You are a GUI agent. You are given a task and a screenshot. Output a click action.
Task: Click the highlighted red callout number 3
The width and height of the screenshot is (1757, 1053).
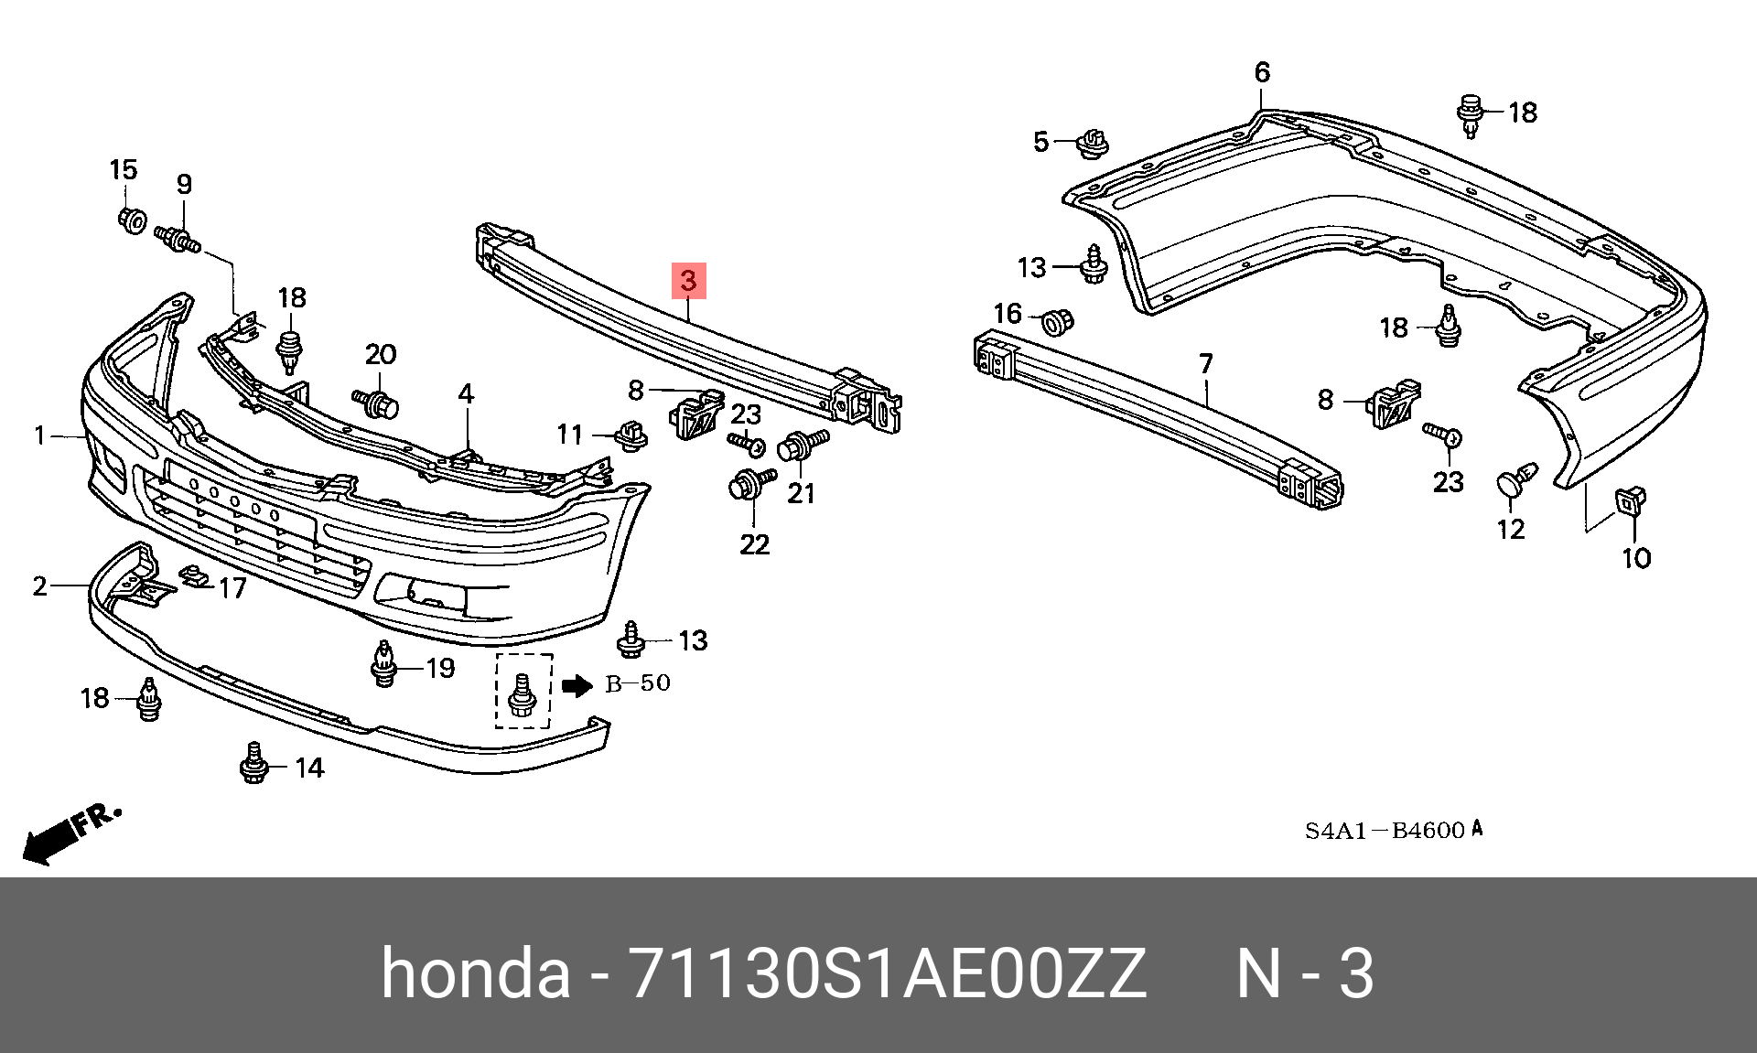point(688,281)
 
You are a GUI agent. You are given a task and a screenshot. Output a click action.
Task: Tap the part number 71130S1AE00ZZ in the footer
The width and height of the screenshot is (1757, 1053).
point(886,973)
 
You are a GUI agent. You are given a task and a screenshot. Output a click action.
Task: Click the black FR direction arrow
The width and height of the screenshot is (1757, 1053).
point(50,840)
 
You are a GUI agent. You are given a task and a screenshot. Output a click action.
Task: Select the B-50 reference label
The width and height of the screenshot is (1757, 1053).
point(638,683)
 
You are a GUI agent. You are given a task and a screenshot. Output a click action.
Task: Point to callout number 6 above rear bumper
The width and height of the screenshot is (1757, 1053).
point(1262,72)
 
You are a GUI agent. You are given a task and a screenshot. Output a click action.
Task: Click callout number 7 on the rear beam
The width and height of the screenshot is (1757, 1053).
point(1205,364)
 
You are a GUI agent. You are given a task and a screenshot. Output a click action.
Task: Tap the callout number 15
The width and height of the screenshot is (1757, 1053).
point(124,170)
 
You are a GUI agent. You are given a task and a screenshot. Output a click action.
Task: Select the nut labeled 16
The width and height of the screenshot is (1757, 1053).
point(1059,322)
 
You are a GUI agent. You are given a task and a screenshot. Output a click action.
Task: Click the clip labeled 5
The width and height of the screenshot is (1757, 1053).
point(1093,143)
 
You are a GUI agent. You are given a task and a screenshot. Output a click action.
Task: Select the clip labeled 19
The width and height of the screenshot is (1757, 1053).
point(385,665)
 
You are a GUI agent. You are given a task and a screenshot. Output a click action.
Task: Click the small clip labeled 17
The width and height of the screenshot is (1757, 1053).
point(194,577)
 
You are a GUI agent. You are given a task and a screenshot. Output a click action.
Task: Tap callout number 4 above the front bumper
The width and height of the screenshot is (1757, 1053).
point(466,394)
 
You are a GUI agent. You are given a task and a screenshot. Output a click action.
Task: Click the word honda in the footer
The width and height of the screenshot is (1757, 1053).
point(475,973)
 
